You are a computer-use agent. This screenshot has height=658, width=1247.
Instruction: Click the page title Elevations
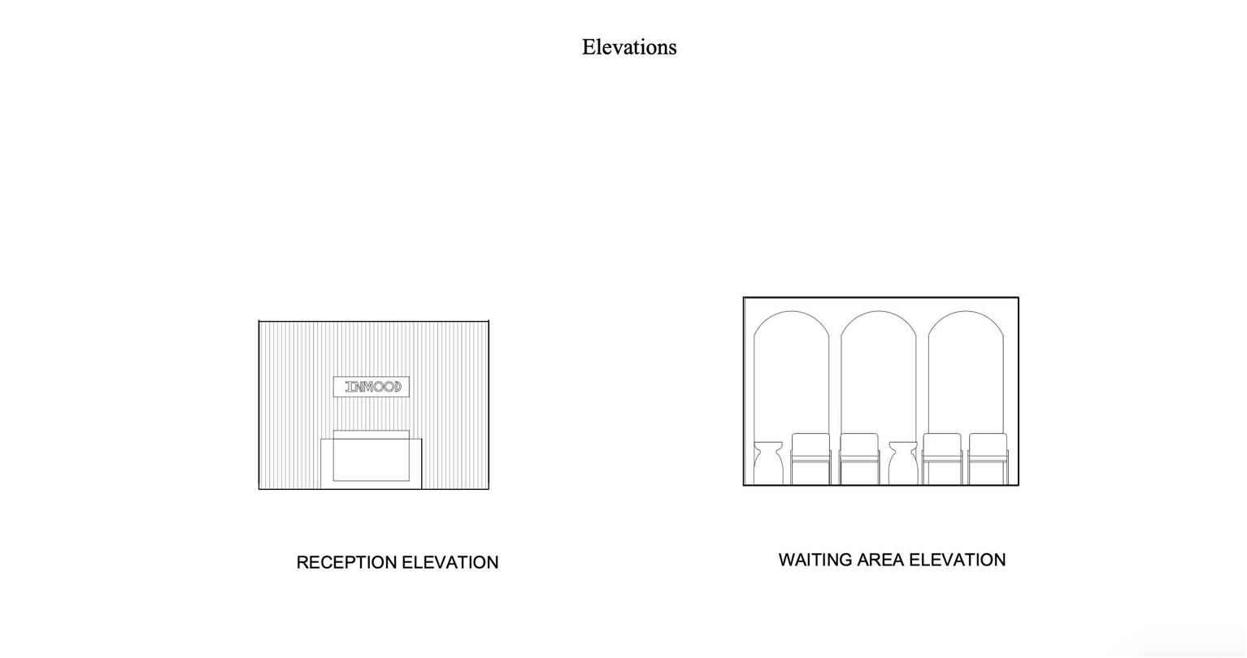pyautogui.click(x=629, y=47)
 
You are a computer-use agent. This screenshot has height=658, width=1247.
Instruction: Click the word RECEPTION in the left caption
pyautogui.click(x=346, y=562)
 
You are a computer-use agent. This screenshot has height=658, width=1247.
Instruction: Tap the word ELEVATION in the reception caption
pyautogui.click(x=450, y=562)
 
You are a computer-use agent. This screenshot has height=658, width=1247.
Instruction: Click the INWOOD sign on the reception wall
pyautogui.click(x=371, y=387)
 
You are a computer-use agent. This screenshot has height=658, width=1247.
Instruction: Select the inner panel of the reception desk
pyautogui.click(x=371, y=460)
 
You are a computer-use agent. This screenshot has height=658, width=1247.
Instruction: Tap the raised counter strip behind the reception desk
pyautogui.click(x=371, y=435)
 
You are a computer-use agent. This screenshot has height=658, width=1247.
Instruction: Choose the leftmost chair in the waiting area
pyautogui.click(x=810, y=459)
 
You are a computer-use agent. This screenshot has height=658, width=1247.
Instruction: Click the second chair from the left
pyautogui.click(x=859, y=459)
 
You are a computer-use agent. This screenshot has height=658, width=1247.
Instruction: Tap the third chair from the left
pyautogui.click(x=942, y=459)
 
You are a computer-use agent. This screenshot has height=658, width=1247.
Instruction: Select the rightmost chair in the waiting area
pyautogui.click(x=988, y=459)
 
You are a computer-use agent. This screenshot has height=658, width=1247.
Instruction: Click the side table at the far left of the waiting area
pyautogui.click(x=768, y=463)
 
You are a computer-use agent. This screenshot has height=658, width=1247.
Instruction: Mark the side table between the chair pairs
pyautogui.click(x=903, y=463)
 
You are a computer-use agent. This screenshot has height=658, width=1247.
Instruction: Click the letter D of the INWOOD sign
pyautogui.click(x=397, y=387)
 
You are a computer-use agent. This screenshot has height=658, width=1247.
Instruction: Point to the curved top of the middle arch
pyautogui.click(x=879, y=311)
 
